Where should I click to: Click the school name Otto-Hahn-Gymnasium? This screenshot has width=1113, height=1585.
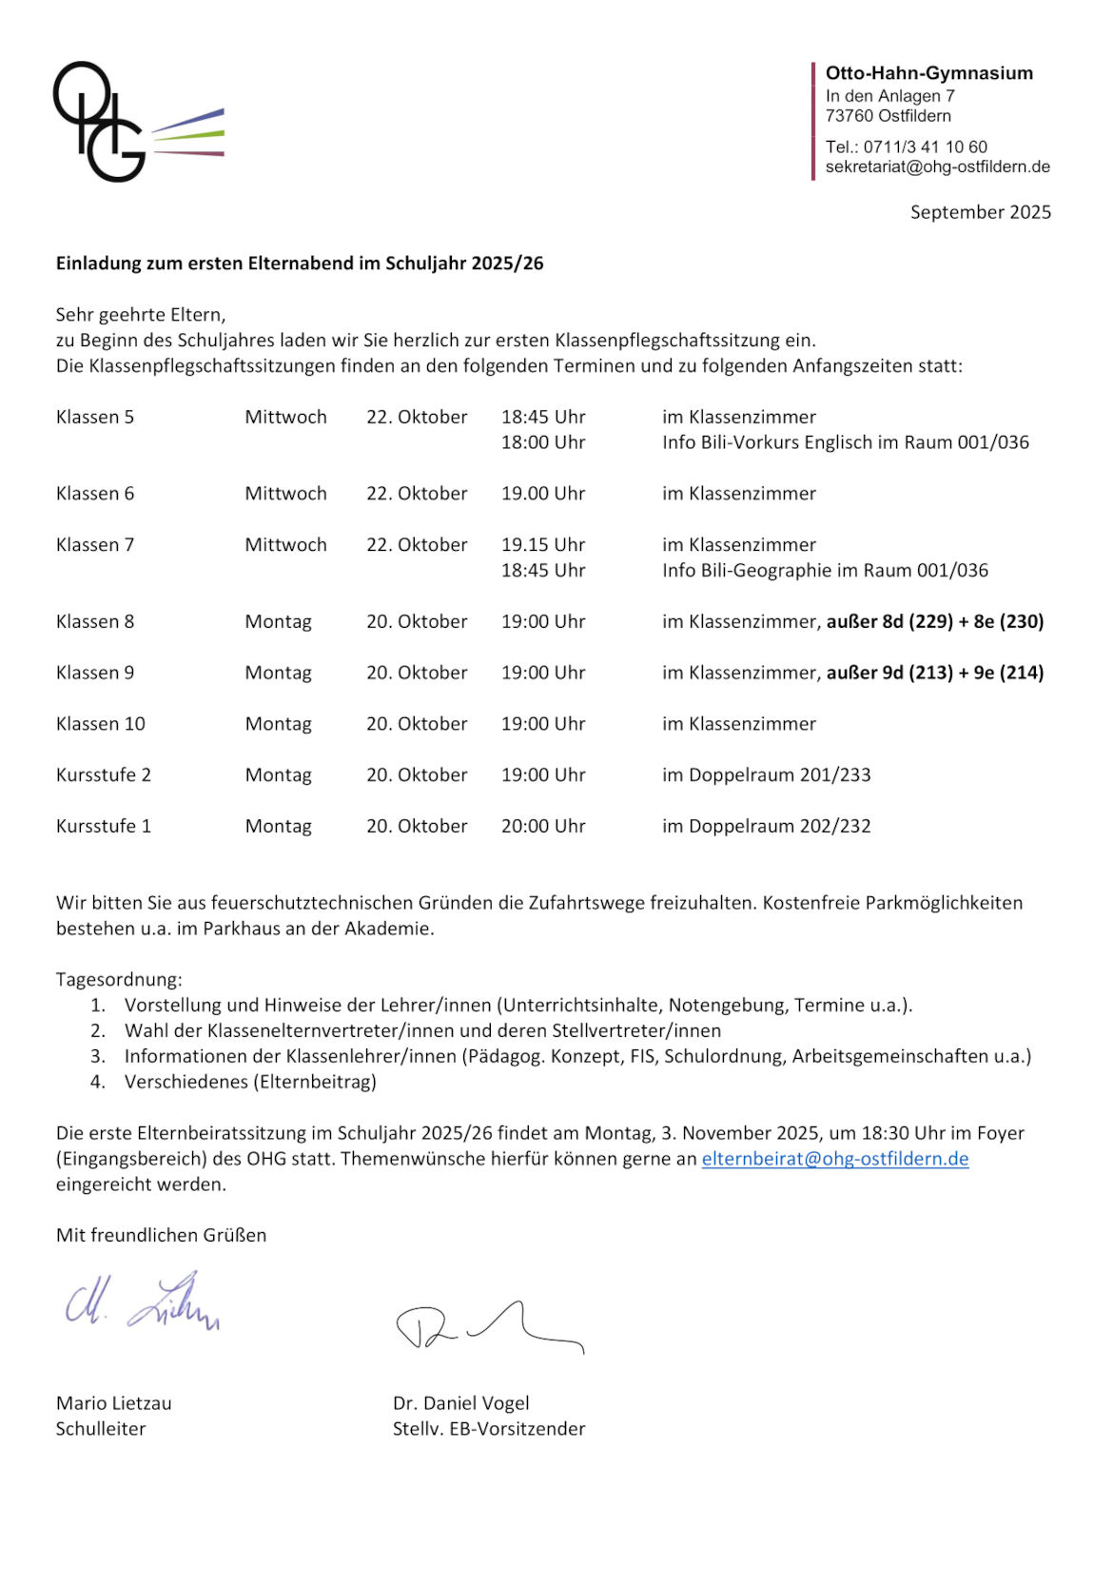(x=928, y=73)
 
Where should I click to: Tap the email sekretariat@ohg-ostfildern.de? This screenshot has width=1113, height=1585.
(x=937, y=166)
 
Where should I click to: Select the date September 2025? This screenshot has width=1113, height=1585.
(x=980, y=212)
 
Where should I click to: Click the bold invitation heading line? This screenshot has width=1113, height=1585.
(x=300, y=264)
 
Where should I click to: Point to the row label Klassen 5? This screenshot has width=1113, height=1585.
(x=95, y=417)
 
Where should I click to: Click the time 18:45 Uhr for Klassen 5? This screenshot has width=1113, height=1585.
(x=543, y=417)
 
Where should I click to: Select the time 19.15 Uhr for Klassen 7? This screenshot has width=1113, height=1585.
(x=543, y=545)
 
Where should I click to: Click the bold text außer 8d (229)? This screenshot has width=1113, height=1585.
(x=889, y=622)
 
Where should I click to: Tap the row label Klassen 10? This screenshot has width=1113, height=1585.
(x=101, y=724)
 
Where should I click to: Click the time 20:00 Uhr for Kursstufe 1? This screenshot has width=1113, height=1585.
(x=543, y=827)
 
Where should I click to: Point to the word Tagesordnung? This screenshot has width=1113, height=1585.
(x=119, y=980)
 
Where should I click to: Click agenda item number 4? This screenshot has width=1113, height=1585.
(x=250, y=1082)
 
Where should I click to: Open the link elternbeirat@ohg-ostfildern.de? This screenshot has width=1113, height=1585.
(x=835, y=1159)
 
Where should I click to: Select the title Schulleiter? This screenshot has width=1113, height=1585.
(x=101, y=1429)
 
